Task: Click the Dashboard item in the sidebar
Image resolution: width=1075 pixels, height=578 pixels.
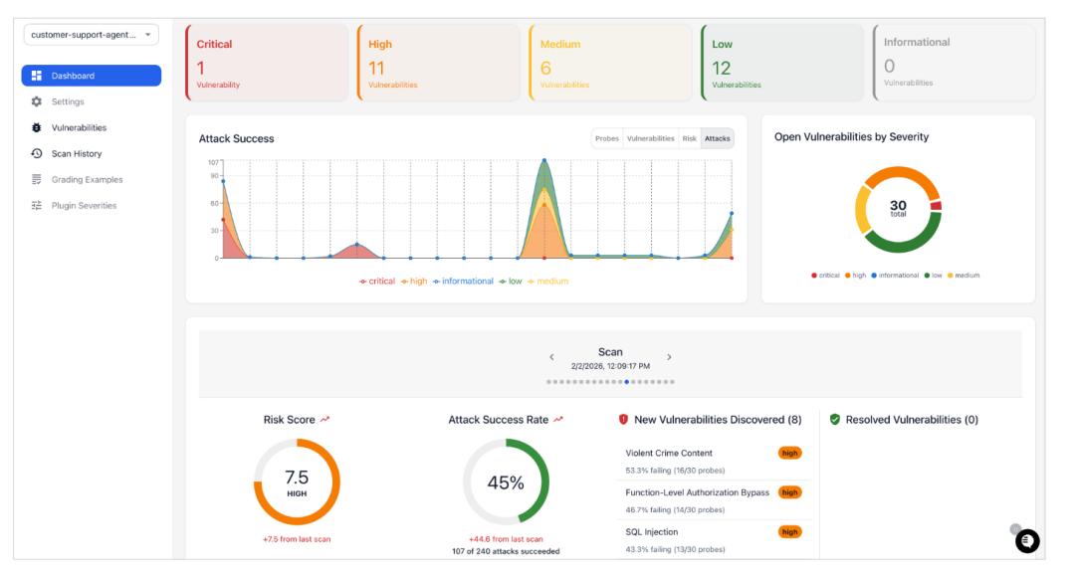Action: (90, 76)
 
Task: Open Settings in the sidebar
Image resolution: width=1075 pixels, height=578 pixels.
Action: (68, 101)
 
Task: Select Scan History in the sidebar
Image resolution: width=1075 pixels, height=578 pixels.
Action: (76, 153)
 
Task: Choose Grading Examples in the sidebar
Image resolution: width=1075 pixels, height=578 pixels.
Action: (87, 179)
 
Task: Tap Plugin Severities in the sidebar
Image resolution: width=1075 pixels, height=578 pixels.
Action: (84, 205)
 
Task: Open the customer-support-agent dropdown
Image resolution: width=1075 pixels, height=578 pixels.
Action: (92, 35)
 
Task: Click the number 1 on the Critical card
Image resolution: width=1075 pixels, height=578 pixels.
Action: (200, 68)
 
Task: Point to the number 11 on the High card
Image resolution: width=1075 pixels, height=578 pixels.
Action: (376, 68)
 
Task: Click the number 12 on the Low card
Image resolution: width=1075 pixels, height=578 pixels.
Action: (722, 68)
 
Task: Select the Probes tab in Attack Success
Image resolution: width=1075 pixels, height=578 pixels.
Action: (607, 138)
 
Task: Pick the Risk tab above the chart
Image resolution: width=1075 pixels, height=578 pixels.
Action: (689, 138)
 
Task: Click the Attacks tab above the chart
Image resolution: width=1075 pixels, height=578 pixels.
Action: (717, 138)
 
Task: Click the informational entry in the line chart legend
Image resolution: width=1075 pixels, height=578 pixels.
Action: (463, 282)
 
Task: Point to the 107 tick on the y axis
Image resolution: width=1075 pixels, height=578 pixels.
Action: (213, 161)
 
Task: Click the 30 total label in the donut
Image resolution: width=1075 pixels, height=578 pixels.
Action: (898, 207)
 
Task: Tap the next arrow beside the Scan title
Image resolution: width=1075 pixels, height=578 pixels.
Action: (669, 357)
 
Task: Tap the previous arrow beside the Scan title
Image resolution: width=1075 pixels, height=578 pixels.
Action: (552, 357)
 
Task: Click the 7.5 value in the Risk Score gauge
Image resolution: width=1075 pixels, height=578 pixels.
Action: (297, 478)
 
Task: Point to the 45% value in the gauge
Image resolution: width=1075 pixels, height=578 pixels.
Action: (506, 482)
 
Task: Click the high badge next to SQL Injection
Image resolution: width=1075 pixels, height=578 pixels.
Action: (790, 532)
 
